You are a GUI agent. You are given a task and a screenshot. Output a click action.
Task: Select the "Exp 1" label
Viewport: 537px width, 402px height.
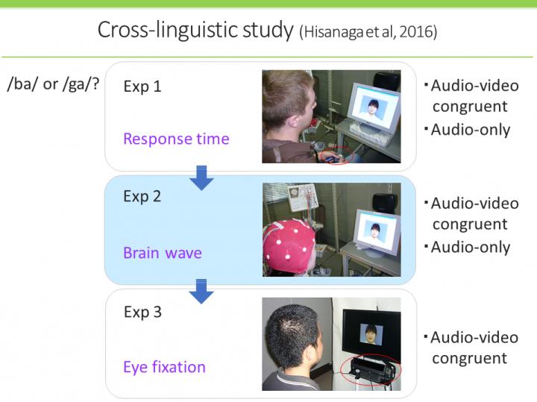click(x=142, y=87)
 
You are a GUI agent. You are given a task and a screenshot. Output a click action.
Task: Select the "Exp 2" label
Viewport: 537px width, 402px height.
click(x=142, y=197)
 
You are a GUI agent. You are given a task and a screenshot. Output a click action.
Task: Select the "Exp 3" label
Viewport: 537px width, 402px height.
click(x=142, y=312)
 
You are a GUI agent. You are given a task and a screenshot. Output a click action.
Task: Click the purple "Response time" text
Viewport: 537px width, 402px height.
click(x=176, y=139)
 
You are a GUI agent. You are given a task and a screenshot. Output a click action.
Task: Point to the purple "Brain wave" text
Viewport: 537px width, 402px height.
click(x=162, y=253)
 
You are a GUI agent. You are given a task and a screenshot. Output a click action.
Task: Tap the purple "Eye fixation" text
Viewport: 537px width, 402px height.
click(x=164, y=366)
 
